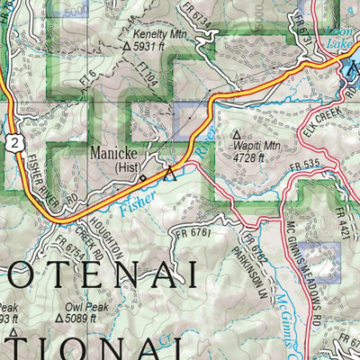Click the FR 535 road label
point(306,165)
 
